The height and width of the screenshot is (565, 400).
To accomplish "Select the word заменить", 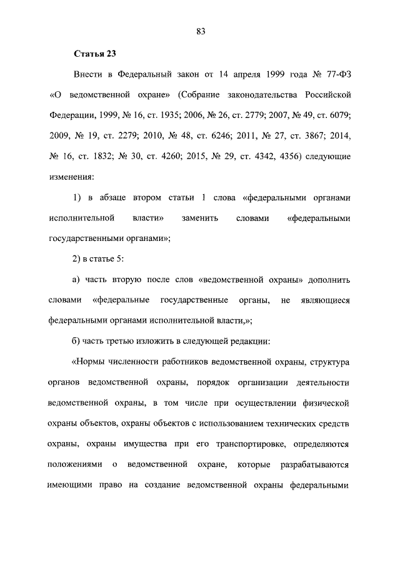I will point(202,219).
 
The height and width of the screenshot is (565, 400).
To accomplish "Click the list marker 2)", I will point(79,258).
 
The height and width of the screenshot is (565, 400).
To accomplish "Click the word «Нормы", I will point(94,362).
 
